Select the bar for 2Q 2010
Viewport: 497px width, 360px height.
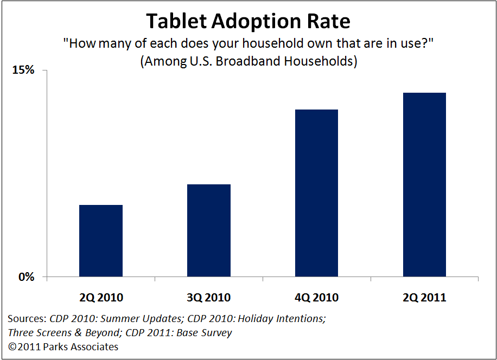[101, 241]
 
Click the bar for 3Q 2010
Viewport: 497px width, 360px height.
[209, 230]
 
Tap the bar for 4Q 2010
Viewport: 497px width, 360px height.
[317, 193]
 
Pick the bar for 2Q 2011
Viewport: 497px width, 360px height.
[424, 184]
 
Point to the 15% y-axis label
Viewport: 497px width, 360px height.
[23, 69]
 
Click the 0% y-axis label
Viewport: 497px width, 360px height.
[26, 277]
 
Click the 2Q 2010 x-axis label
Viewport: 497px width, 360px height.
[101, 297]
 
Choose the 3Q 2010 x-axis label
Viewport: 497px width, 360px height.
[209, 297]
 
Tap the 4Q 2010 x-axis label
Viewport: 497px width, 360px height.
[317, 297]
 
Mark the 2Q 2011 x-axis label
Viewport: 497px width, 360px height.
[424, 297]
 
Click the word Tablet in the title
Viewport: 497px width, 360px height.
[176, 21]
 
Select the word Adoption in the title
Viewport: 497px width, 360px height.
[257, 22]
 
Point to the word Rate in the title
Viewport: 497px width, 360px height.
[329, 21]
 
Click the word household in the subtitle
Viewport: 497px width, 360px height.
[273, 43]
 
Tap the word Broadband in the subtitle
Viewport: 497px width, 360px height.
[248, 61]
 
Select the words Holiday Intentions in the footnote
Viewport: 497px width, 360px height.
[282, 318]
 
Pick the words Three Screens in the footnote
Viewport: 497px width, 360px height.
[39, 333]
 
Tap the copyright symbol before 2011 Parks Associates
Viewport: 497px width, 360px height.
[12, 347]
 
